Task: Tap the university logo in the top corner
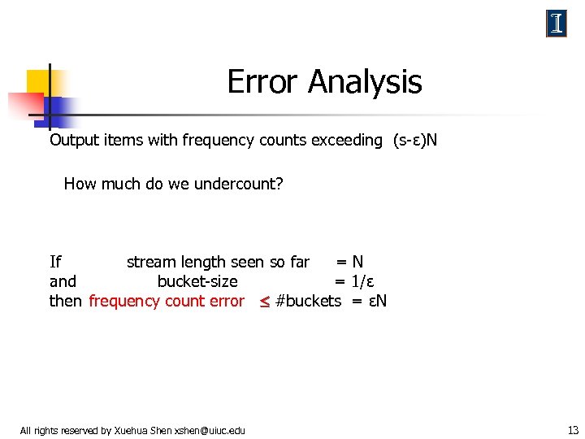(x=557, y=24)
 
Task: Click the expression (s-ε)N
(x=414, y=140)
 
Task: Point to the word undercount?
(x=241, y=184)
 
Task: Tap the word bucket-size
(x=197, y=281)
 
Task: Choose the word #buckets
(x=309, y=301)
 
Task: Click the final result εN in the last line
(x=377, y=301)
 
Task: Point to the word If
(x=55, y=262)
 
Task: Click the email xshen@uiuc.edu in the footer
(x=210, y=430)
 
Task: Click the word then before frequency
(x=66, y=301)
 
